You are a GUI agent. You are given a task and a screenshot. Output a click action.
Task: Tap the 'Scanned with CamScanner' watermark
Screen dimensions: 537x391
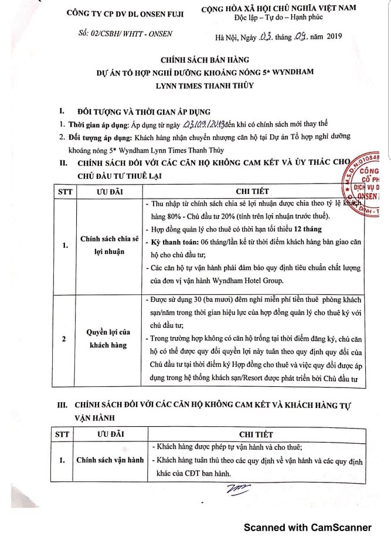coord(308,527)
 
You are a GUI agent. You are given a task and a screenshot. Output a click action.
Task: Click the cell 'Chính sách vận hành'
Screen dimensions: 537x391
coord(110,460)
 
